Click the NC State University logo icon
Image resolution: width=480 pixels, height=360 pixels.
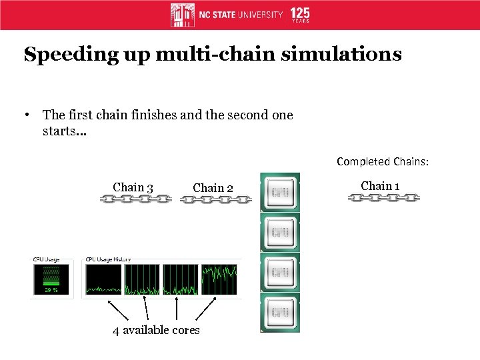183,15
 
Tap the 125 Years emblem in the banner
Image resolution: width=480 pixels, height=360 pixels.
300,15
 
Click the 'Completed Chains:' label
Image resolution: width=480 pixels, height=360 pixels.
383,161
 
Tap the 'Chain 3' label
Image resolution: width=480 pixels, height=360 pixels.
133,187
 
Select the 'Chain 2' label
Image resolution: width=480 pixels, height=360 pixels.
213,188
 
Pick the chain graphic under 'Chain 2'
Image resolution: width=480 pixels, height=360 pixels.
216,199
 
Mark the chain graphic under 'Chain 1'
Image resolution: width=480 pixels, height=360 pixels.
383,198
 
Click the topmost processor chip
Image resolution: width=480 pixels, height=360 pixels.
280,193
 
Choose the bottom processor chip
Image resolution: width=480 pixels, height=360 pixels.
280,312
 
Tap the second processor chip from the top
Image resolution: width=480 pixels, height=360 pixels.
280,233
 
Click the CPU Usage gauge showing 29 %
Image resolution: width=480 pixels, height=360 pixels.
51,279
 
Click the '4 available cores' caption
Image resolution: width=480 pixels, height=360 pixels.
157,330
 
